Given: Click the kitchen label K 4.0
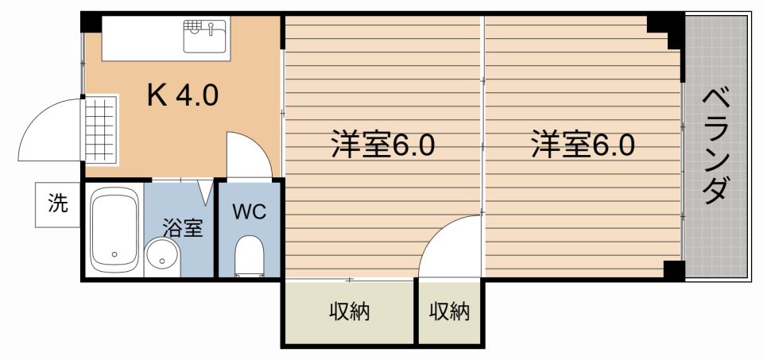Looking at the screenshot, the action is pos(183,96).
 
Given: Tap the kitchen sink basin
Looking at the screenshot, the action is pos(205,36).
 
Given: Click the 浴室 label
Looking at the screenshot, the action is pos(183,229).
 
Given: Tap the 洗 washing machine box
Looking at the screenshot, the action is pos(57,204).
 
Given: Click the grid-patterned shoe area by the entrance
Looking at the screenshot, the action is pos(101,129).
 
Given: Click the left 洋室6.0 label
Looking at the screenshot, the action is pos(382,145).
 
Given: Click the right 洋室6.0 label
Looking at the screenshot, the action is pos(583,145).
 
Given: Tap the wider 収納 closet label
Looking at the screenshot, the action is pos(350,312).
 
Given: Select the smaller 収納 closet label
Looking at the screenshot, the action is pos(449,312).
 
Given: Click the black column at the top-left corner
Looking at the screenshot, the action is pos(91,22).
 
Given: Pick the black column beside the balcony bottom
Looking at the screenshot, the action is pos(675,270).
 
